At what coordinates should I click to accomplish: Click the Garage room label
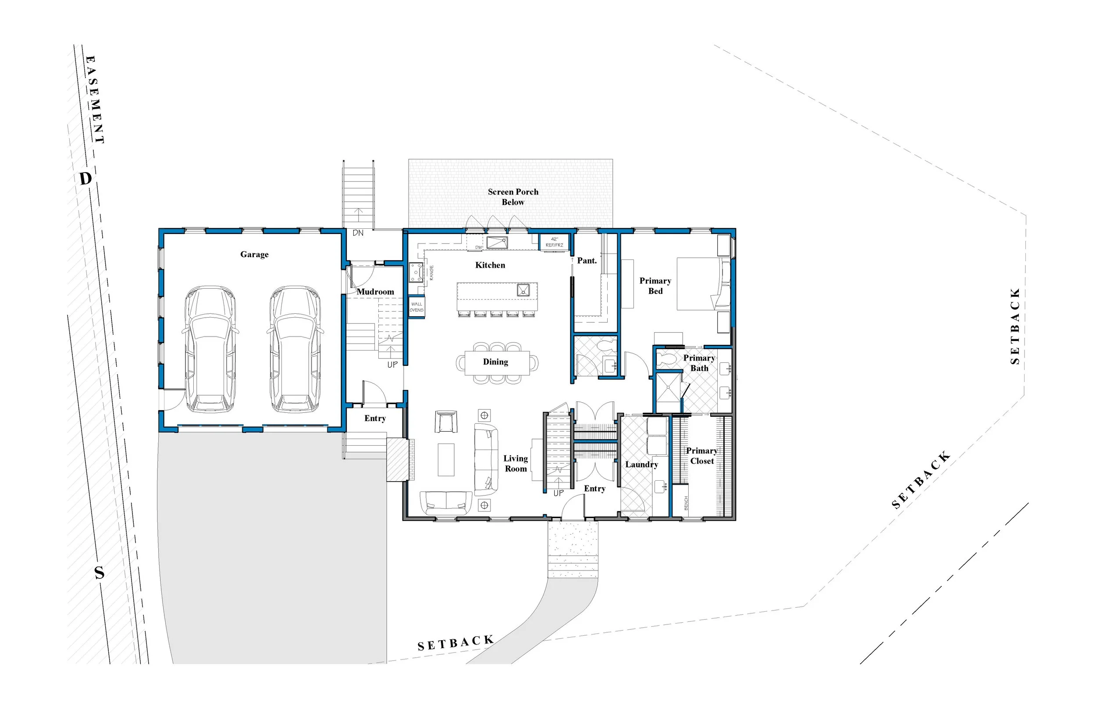[x=254, y=255]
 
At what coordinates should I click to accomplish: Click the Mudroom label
[x=375, y=292]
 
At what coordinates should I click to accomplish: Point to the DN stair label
[x=358, y=233]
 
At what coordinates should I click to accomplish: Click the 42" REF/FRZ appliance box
[x=554, y=242]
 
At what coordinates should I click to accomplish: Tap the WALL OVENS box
[x=416, y=307]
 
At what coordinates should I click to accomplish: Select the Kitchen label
[x=490, y=265]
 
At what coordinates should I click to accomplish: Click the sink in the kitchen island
[x=523, y=290]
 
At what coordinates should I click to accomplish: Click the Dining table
[x=496, y=363]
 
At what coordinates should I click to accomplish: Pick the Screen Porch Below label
[x=513, y=197]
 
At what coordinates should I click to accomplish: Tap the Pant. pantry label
[x=587, y=261]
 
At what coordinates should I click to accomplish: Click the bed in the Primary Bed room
[x=702, y=284]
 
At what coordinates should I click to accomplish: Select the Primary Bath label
[x=699, y=363]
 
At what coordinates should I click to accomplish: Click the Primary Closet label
[x=702, y=456]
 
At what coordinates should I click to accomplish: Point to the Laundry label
[x=641, y=464]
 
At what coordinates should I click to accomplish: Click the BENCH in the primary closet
[x=686, y=503]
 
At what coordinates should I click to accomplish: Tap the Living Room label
[x=515, y=464]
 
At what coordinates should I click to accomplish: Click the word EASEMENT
[x=95, y=99]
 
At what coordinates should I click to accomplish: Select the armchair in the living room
[x=446, y=422]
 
